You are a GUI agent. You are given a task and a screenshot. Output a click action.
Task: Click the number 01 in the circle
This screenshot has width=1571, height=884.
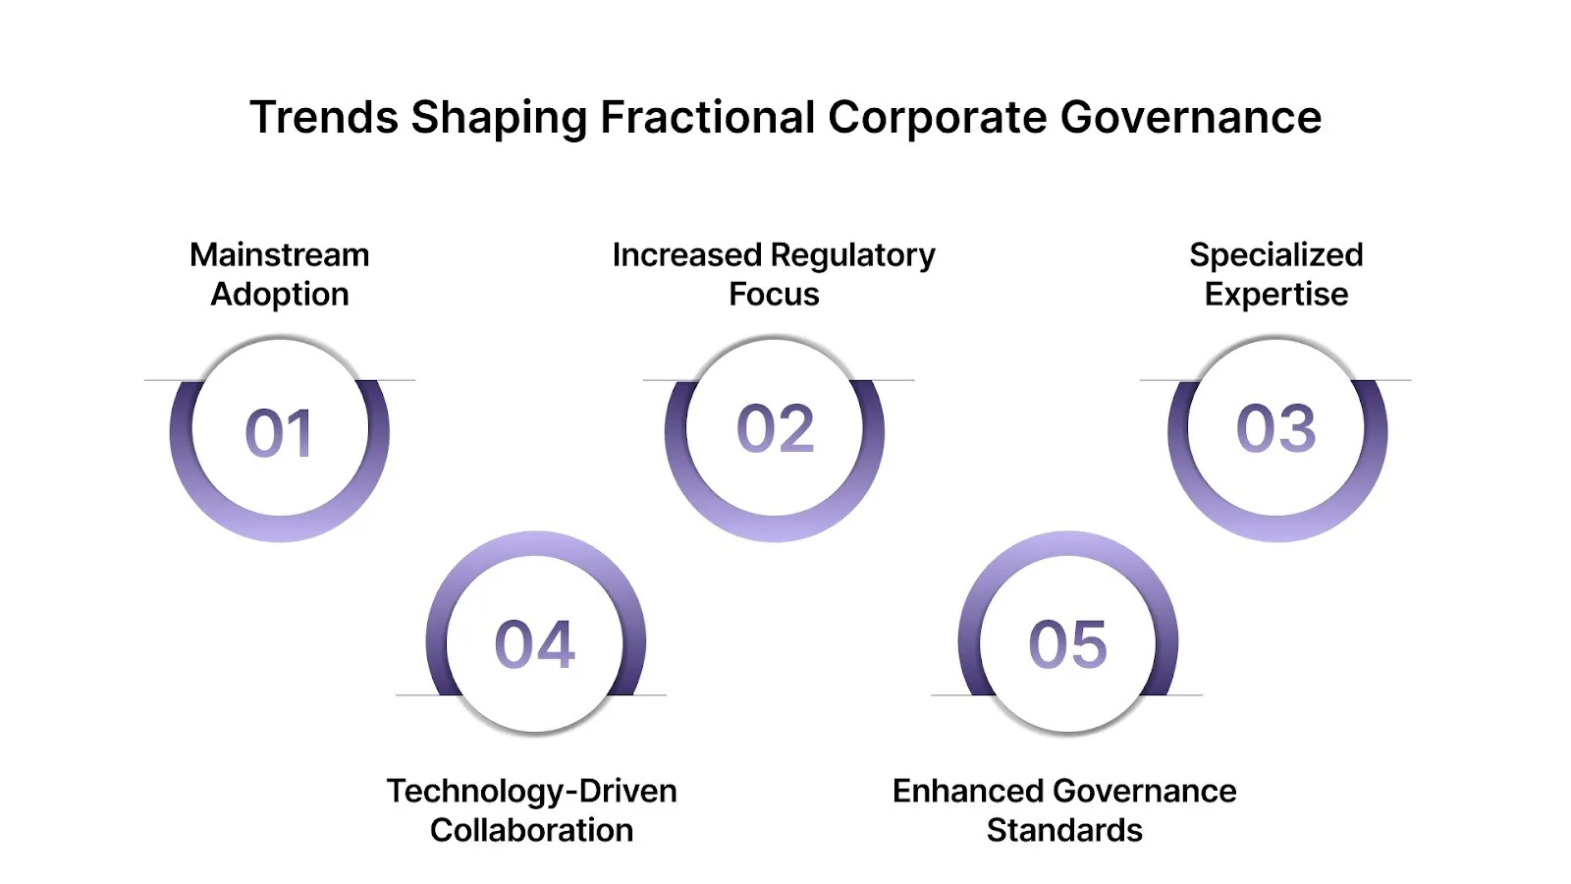[279, 433]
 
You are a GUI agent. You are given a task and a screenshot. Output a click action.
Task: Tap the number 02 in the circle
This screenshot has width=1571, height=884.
[775, 429]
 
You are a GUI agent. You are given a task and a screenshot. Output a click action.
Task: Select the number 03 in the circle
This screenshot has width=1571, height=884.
[1275, 429]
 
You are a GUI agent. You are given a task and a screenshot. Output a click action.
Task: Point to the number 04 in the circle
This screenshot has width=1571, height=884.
[534, 645]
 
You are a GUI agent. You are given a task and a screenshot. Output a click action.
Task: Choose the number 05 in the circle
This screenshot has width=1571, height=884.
[1067, 645]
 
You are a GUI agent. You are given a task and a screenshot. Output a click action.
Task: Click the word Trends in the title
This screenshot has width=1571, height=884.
[323, 118]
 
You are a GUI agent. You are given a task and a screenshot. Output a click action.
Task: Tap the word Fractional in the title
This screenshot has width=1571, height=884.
[707, 118]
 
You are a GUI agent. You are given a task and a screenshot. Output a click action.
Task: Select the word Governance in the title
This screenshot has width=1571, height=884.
[1190, 118]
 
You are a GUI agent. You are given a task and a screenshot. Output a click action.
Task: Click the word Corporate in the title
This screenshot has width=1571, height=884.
[937, 118]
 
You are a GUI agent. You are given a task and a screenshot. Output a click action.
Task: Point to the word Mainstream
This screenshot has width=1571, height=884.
[279, 255]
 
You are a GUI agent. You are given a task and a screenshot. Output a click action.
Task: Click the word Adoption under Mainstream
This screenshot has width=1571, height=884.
[280, 295]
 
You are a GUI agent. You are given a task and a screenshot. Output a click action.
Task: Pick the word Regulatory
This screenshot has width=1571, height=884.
[852, 255]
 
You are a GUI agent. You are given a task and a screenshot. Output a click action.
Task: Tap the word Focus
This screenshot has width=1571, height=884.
[774, 295]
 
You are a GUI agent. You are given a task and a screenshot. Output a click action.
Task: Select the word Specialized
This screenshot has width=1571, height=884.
[1275, 255]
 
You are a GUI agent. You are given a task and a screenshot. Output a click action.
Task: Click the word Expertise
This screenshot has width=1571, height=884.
[1275, 295]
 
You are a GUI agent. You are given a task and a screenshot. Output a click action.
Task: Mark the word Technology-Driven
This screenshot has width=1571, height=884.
[531, 791]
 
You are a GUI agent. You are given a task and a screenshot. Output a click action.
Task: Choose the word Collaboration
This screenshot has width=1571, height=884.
[531, 830]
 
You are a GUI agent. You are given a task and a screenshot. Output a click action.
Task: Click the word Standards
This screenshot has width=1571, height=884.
[1064, 830]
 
